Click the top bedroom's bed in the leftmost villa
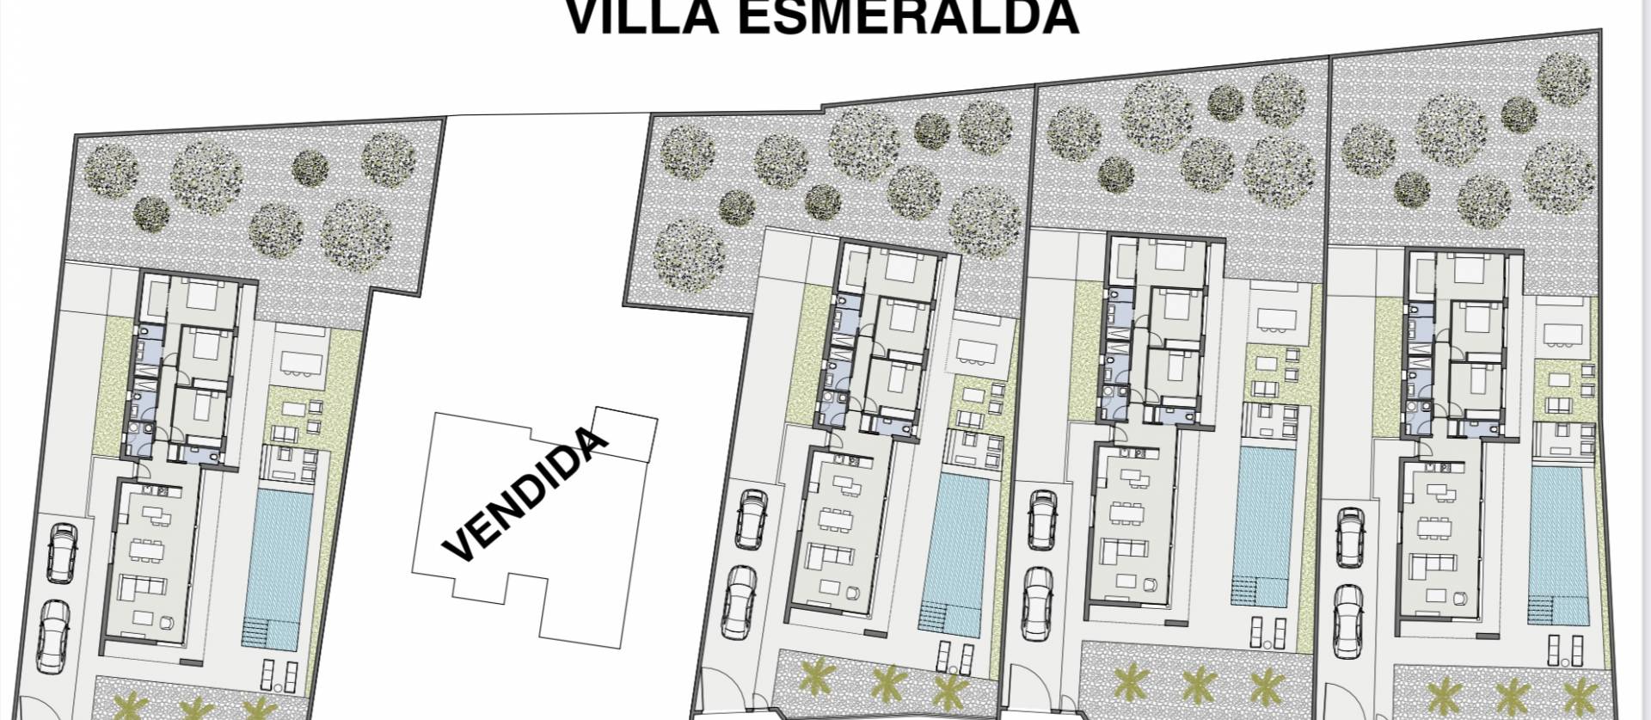tap(205, 297)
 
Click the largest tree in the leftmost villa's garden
tap(357, 234)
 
